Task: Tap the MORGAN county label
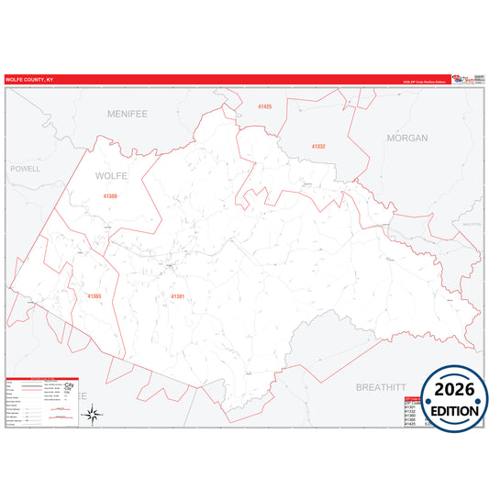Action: click(x=407, y=138)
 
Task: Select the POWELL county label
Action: click(x=26, y=170)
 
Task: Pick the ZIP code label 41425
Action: click(x=264, y=107)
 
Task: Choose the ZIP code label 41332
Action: click(x=318, y=147)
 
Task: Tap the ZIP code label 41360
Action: click(x=110, y=196)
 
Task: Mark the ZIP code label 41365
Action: click(x=94, y=296)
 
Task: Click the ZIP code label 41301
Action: click(x=177, y=296)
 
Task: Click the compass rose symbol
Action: click(x=93, y=414)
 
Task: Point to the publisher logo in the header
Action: click(x=464, y=80)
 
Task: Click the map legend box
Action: click(x=42, y=401)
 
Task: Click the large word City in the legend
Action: click(x=68, y=386)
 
